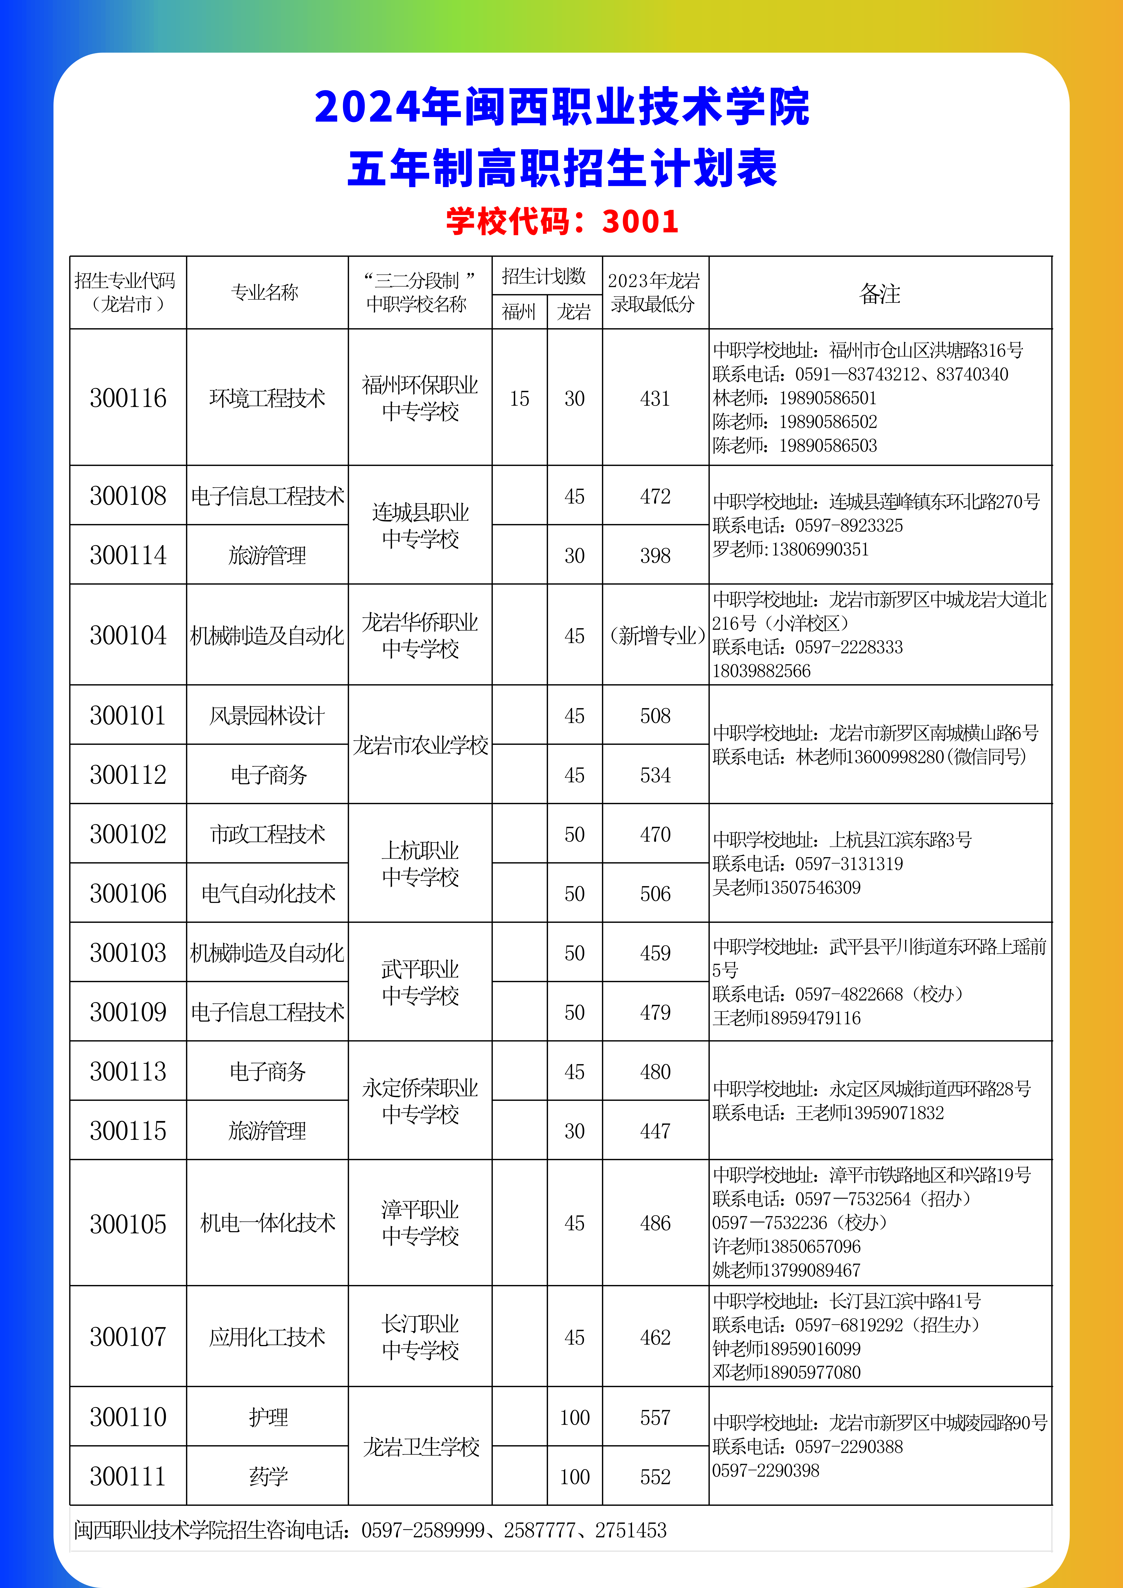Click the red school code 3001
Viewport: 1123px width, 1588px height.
click(640, 221)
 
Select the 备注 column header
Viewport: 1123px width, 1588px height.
click(880, 293)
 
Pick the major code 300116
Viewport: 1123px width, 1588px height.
click(128, 398)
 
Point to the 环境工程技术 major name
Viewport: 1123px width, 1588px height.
click(267, 398)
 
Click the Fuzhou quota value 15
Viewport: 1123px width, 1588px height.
click(519, 398)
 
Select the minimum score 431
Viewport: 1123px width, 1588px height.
click(655, 398)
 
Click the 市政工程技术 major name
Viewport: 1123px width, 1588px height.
click(267, 834)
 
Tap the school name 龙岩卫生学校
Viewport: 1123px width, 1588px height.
click(421, 1447)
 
